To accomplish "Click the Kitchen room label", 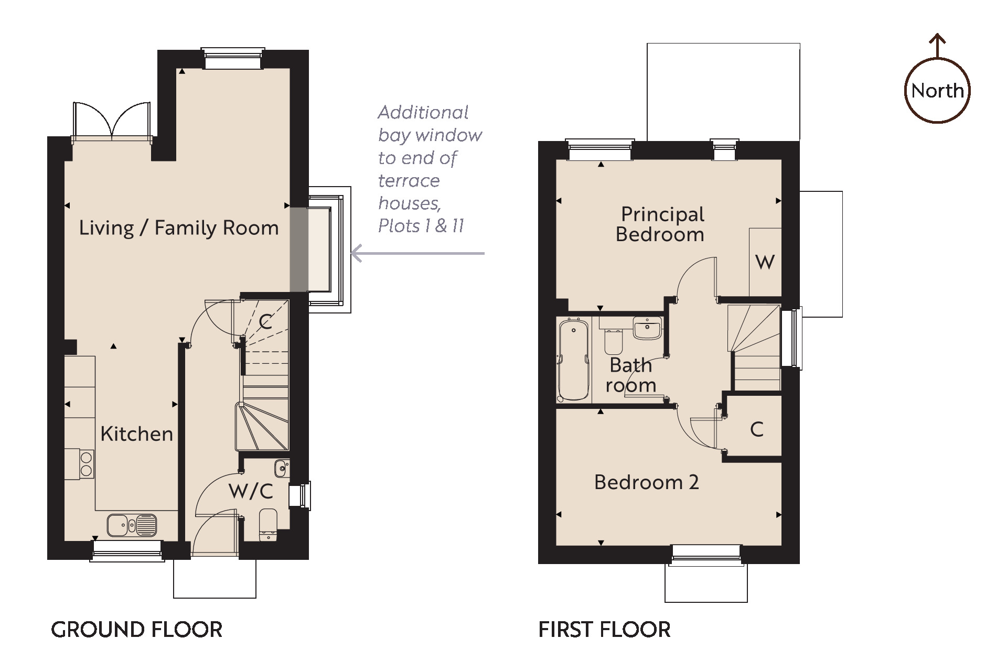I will click(136, 434).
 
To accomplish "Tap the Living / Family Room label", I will click(179, 228).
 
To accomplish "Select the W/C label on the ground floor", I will click(251, 492).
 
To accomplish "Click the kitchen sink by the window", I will click(132, 525).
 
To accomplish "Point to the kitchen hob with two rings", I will click(87, 464).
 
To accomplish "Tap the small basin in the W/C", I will click(281, 468).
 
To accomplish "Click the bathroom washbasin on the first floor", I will click(648, 328).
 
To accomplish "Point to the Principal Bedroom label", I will click(661, 224).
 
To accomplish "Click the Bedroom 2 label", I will click(646, 482).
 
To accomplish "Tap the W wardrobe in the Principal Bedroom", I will click(765, 262).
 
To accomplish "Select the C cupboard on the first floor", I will click(756, 429).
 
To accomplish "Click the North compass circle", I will click(937, 91).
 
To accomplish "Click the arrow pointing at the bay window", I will click(417, 254).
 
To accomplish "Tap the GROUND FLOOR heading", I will click(136, 630).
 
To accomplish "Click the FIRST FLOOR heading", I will click(604, 630).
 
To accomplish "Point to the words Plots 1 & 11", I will click(421, 226).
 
